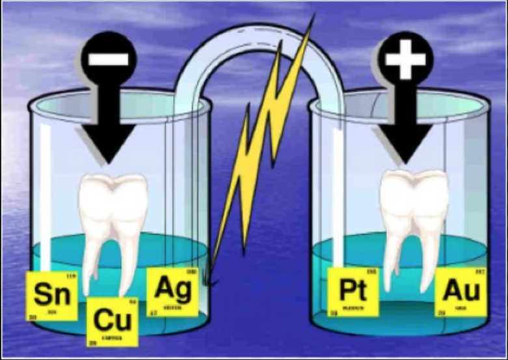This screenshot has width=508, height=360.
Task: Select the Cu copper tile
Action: coord(111,322)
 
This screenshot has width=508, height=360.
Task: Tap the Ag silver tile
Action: coord(172,291)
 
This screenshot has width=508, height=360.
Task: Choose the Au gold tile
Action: coord(461,292)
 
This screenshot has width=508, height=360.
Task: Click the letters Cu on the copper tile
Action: coord(111,320)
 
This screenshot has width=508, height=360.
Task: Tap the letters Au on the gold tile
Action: coord(461,290)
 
